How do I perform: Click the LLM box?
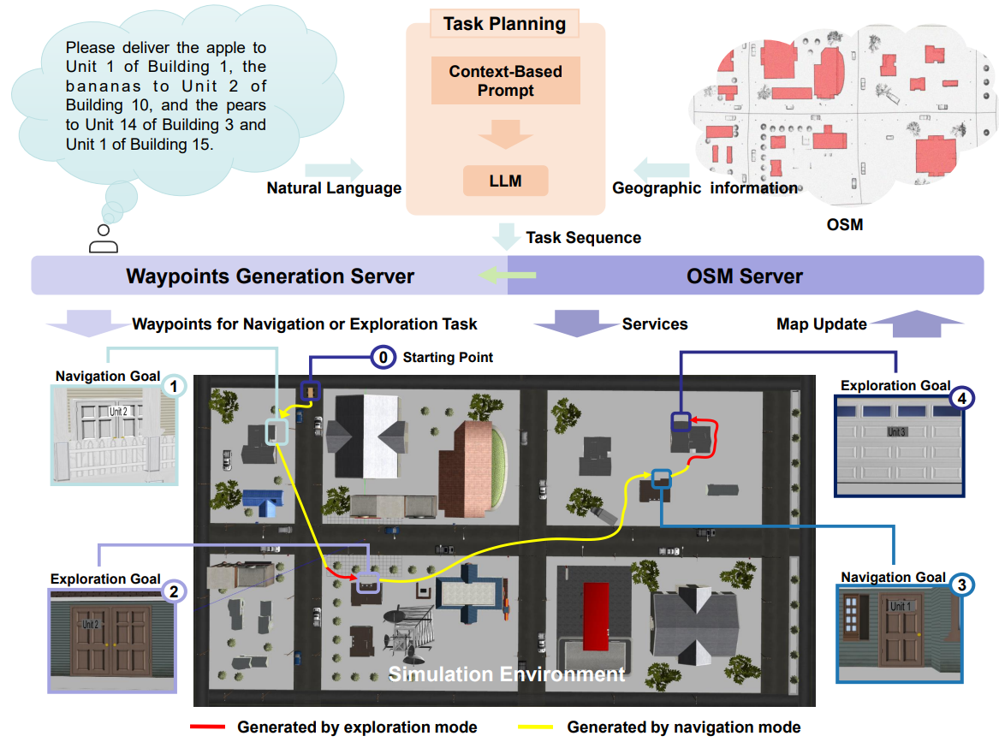click(x=505, y=181)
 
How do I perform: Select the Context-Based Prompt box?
click(x=505, y=80)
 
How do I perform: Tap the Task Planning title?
click(x=504, y=24)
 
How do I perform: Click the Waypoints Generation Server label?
click(x=271, y=276)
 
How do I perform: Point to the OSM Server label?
click(x=745, y=276)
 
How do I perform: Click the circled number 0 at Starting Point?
click(x=383, y=358)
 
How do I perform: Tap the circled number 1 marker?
click(x=173, y=386)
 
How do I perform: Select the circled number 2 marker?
click(x=174, y=591)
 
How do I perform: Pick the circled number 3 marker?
click(x=962, y=585)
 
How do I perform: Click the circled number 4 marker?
click(x=962, y=398)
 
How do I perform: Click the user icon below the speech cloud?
click(x=104, y=239)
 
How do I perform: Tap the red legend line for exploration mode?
click(x=208, y=727)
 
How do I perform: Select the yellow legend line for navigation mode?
click(x=536, y=727)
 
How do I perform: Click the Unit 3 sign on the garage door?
click(x=897, y=432)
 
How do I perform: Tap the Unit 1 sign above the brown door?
click(x=901, y=606)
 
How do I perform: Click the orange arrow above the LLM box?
click(x=505, y=134)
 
